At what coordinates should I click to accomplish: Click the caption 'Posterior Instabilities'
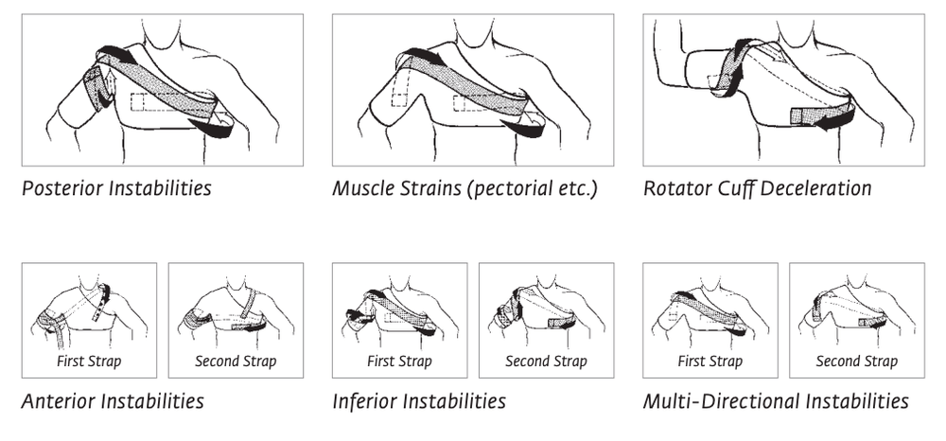coord(116,188)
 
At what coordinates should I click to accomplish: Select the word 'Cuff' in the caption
coord(736,188)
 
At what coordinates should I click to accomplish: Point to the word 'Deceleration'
coord(815,188)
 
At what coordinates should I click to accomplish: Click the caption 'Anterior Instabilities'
coord(113,400)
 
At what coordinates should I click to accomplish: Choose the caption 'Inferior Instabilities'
coord(419,400)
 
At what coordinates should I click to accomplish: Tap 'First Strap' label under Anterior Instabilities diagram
coord(89,362)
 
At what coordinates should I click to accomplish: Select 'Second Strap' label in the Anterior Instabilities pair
coord(236,362)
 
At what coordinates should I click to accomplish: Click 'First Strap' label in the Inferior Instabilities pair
coord(399,362)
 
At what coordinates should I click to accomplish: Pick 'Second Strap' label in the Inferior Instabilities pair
coord(546,362)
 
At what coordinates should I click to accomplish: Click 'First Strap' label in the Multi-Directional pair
coord(710,362)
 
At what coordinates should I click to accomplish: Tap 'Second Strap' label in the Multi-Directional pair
coord(857,362)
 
